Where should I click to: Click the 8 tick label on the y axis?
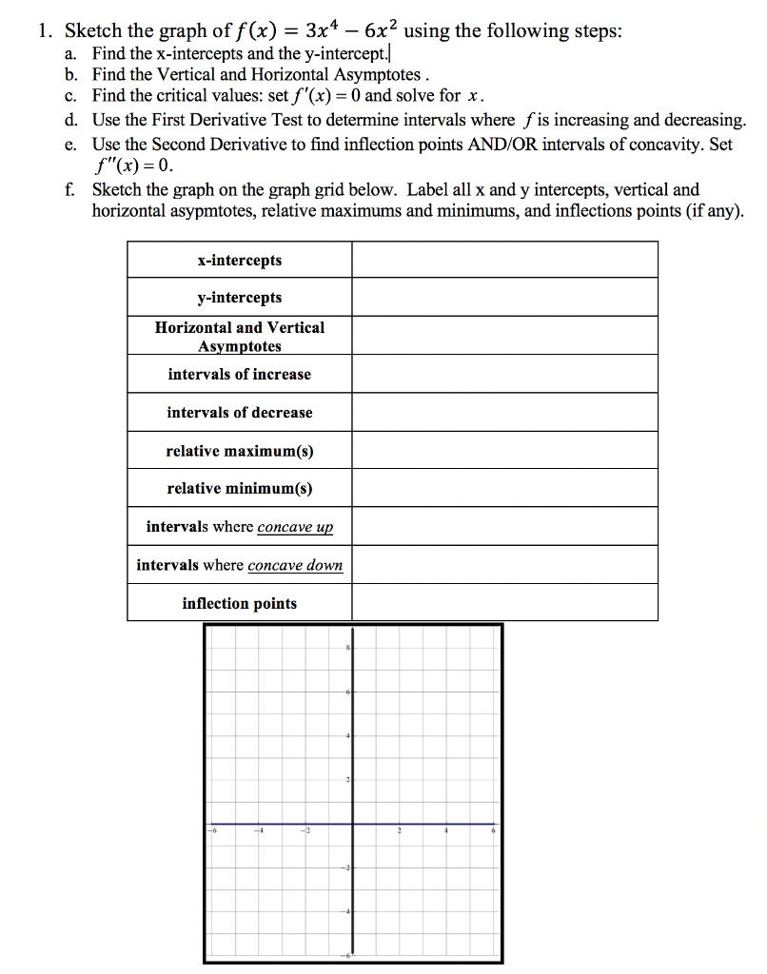(x=348, y=648)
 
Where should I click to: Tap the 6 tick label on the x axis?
(x=493, y=830)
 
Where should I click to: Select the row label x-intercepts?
(x=240, y=260)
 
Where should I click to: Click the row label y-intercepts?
(x=240, y=298)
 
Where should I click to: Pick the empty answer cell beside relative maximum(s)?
(x=504, y=450)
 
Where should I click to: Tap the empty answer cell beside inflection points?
(x=504, y=603)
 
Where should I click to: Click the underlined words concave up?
(x=295, y=527)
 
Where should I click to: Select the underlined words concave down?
(x=295, y=565)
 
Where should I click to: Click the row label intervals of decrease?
(x=240, y=412)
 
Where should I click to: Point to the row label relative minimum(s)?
(x=240, y=488)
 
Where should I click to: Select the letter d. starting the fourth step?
(x=72, y=120)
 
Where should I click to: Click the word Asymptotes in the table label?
(x=240, y=346)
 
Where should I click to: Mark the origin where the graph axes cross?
(x=353, y=824)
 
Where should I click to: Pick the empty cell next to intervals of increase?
(x=504, y=374)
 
